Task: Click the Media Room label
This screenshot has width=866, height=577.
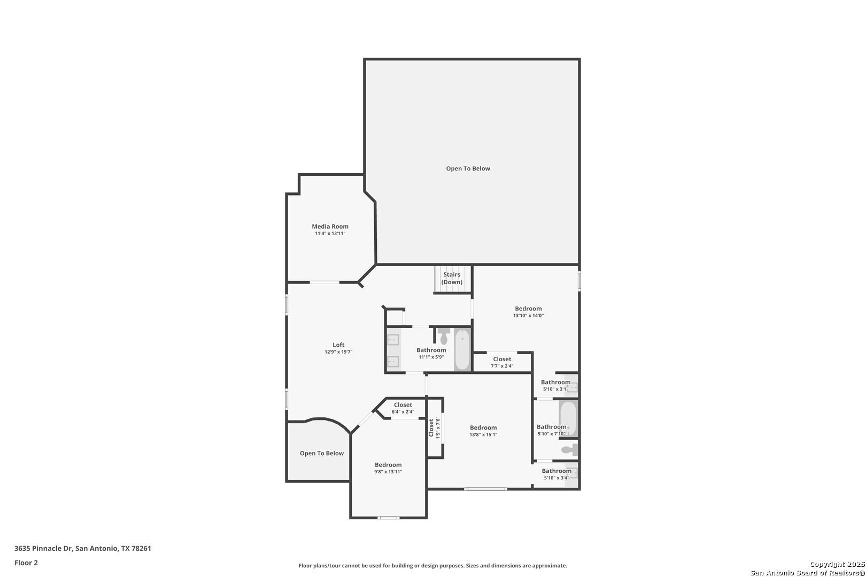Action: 330,227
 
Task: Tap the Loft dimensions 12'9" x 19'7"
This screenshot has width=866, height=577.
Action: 338,352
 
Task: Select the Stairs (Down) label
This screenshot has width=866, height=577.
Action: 452,278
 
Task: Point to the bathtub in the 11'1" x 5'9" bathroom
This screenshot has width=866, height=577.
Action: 462,349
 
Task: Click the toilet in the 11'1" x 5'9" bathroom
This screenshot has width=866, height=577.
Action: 444,336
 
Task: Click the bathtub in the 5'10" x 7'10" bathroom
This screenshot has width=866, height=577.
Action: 568,418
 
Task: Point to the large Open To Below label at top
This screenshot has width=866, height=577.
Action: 468,168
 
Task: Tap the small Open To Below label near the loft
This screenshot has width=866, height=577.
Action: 322,454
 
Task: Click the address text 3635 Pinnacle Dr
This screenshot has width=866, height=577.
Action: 43,548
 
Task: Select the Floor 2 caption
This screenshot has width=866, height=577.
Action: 26,563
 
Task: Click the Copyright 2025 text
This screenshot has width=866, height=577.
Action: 837,565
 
